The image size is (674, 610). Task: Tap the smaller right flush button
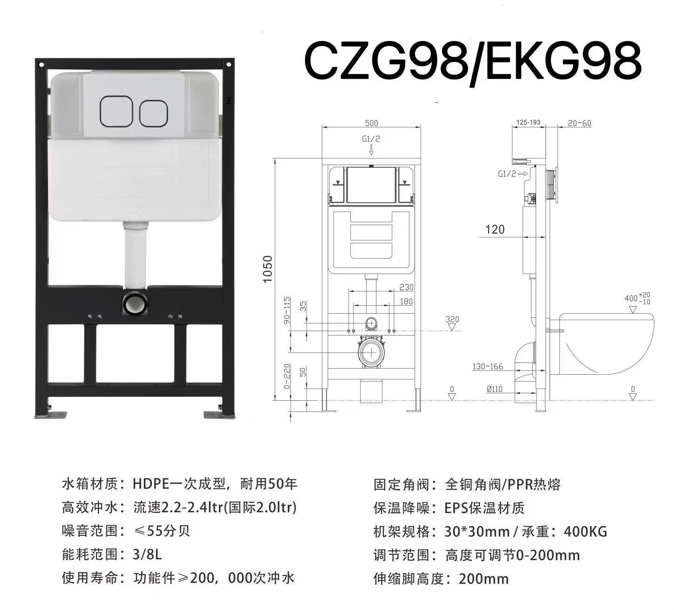coord(153,112)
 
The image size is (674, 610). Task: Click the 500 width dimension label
coord(371,123)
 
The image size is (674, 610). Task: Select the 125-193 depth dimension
coord(528,123)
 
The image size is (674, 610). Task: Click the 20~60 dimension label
coord(579,123)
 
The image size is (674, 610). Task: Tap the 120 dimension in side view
coord(495,229)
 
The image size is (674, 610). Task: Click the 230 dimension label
coord(406,287)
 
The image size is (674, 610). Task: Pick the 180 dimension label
coord(406,302)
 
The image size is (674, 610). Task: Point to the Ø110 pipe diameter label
coord(494,389)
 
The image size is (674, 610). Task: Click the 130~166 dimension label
coord(488,366)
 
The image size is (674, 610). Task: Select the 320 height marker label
coord(452,319)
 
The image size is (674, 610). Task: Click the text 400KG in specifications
coord(585,531)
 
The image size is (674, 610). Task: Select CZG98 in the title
coord(384,62)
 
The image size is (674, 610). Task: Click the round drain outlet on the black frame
coord(136,303)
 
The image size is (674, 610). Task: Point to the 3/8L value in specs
coord(147,555)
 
